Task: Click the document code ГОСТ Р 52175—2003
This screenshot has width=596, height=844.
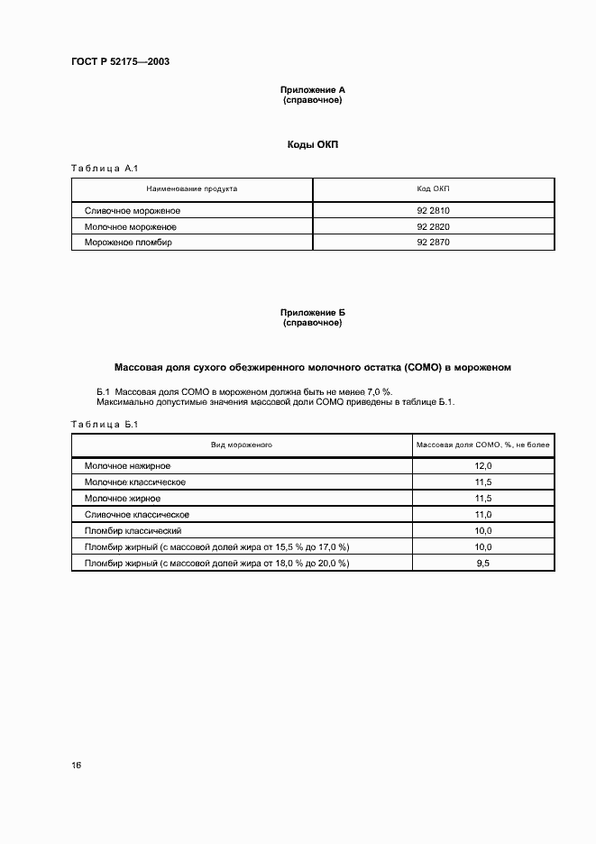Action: pos(120,61)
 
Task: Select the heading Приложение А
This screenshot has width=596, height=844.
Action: pos(312,90)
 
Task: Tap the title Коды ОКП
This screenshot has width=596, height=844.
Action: pos(312,144)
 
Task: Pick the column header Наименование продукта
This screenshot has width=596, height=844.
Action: pos(192,189)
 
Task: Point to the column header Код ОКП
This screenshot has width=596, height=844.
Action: pos(433,189)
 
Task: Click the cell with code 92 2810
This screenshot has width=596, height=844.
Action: pos(433,211)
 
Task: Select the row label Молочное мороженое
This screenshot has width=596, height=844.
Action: pos(130,227)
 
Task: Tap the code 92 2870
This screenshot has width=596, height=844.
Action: pos(433,243)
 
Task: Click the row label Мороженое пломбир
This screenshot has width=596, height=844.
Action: pos(128,243)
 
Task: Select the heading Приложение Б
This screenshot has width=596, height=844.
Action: pos(312,313)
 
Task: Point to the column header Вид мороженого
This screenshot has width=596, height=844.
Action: pos(242,445)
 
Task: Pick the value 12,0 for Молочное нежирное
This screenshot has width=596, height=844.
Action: pos(482,466)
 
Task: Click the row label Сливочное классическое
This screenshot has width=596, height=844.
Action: pos(136,515)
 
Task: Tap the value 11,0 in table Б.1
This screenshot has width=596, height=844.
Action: pos(482,515)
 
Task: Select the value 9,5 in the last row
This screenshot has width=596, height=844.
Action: pos(482,563)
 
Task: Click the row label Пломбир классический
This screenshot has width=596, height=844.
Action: pos(133,531)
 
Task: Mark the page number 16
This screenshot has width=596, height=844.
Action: pos(77,766)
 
